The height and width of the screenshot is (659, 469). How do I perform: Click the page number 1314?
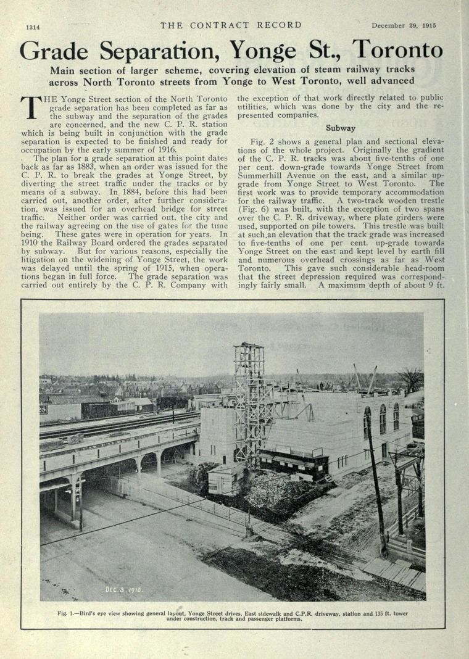(x=32, y=27)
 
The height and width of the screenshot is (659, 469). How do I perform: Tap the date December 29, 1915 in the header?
(x=404, y=26)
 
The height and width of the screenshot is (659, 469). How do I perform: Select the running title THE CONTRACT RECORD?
(x=231, y=25)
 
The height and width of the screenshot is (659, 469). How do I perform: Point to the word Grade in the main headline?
(x=55, y=51)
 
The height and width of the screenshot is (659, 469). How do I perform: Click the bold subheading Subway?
(x=340, y=128)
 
